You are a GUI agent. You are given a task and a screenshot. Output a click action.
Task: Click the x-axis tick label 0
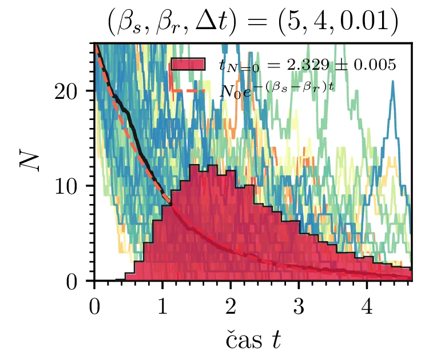[94, 305]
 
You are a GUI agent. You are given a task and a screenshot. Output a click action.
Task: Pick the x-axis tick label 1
[162, 305]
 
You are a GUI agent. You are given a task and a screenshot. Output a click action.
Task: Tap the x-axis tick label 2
[231, 305]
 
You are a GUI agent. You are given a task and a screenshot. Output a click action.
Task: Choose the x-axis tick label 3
[299, 305]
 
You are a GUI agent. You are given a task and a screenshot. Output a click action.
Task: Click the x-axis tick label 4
[367, 305]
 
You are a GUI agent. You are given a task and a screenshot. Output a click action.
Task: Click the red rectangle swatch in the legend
[188, 65]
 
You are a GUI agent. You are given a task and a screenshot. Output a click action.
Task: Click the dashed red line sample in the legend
[188, 90]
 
